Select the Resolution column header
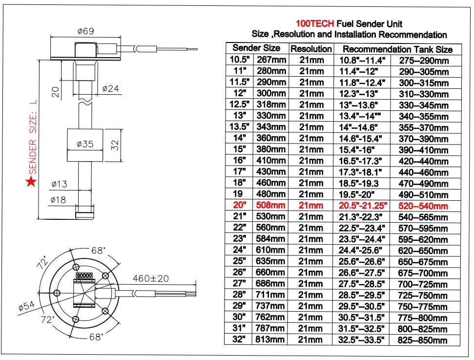pyautogui.click(x=311, y=49)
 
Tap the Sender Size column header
pyautogui.click(x=256, y=48)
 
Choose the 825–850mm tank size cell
pyautogui.click(x=423, y=340)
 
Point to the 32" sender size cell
pyautogui.click(x=238, y=340)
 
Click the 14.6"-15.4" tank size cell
pyautogui.click(x=362, y=138)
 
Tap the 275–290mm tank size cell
pyautogui.click(x=423, y=60)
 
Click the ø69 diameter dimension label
pyautogui.click(x=85, y=31)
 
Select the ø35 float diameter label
pyautogui.click(x=85, y=145)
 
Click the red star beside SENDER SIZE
pyautogui.click(x=31, y=182)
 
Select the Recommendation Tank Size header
pyautogui.click(x=397, y=49)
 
